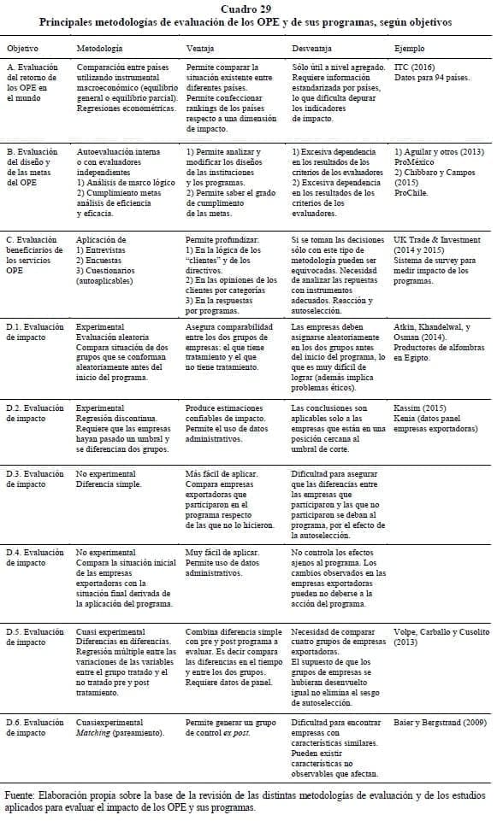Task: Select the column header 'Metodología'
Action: point(99,48)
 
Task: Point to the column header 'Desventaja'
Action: point(312,48)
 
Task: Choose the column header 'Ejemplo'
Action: point(409,48)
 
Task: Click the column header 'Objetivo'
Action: point(23,48)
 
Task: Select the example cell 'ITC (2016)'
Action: point(414,66)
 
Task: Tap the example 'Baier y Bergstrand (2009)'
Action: point(441,722)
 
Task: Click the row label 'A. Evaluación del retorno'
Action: point(33,71)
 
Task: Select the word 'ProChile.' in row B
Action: point(412,191)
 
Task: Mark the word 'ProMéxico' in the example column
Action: point(414,161)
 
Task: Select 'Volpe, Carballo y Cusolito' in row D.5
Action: point(441,631)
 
